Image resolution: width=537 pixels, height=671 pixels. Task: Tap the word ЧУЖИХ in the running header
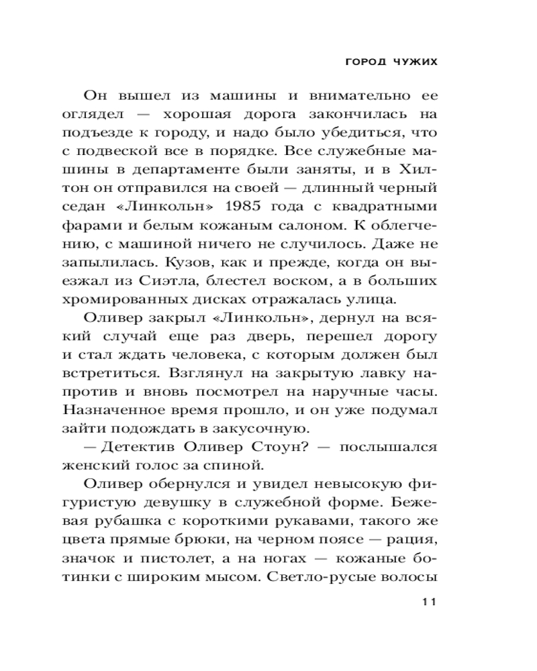413,61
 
